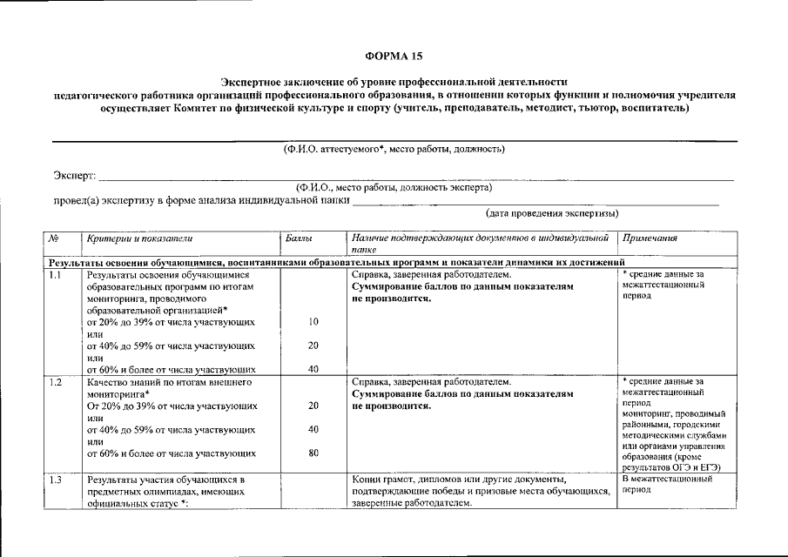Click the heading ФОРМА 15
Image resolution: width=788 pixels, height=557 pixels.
(x=394, y=56)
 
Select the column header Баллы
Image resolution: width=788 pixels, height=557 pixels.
(x=299, y=238)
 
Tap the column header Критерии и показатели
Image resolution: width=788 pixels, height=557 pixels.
(x=134, y=238)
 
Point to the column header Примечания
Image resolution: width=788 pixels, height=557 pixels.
(x=650, y=238)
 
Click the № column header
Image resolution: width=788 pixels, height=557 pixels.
(x=54, y=238)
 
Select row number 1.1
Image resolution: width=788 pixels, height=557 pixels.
(x=56, y=275)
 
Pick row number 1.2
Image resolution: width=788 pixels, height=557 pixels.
(x=56, y=382)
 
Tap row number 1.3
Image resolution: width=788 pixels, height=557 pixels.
(x=56, y=480)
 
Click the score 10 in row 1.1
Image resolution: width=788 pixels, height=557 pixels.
(x=313, y=322)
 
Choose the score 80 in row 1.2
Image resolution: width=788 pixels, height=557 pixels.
(x=313, y=453)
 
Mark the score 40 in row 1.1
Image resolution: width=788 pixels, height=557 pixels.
(x=313, y=369)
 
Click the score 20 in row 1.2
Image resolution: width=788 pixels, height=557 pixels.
(x=313, y=406)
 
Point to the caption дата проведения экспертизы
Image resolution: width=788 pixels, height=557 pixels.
(x=552, y=213)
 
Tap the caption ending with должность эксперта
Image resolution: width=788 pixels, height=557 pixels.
(x=394, y=187)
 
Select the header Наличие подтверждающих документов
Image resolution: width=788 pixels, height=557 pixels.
(x=480, y=238)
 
